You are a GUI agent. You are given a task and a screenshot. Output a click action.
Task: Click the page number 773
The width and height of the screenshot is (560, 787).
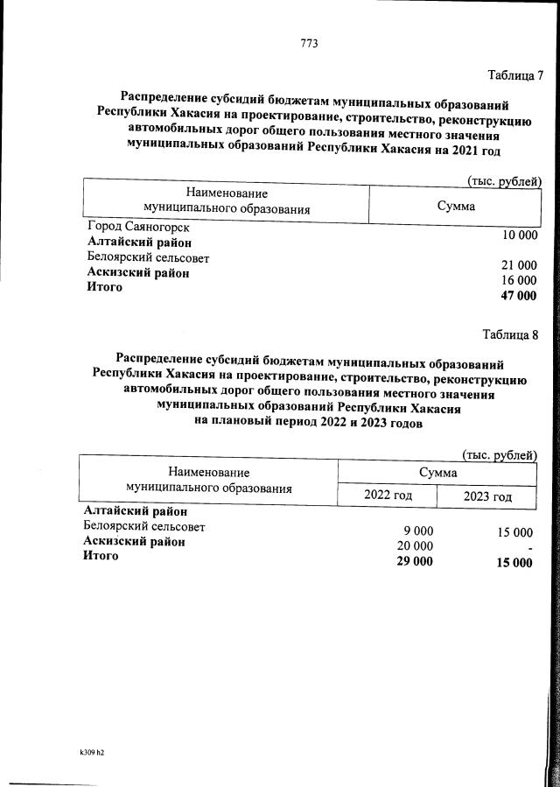coord(309,43)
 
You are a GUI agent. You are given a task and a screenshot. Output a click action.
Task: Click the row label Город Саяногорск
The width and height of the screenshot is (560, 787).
coord(138,227)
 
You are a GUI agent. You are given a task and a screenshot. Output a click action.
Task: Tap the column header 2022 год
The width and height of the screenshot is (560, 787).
coord(388,496)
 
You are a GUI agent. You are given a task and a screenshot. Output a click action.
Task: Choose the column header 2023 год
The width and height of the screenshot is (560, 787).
coord(487,496)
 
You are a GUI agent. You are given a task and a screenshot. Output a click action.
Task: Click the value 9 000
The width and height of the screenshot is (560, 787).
coord(417,531)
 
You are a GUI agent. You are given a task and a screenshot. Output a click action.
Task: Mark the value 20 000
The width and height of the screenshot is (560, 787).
coord(415,546)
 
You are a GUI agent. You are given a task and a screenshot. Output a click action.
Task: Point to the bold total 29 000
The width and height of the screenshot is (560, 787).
coord(414,561)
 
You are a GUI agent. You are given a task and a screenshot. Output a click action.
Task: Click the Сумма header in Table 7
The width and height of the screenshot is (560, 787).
coord(455,207)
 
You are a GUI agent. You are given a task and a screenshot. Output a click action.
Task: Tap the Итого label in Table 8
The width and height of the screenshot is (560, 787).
coord(101,556)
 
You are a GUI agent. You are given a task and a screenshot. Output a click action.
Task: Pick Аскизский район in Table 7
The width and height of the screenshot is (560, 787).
coord(138,273)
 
